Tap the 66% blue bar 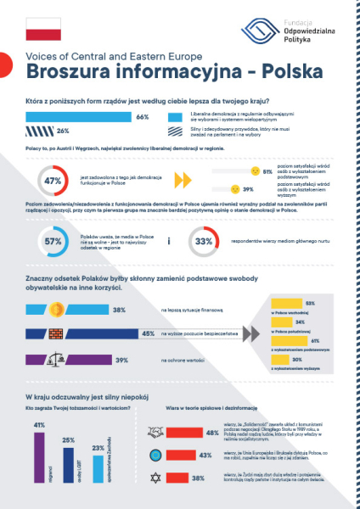[80, 117]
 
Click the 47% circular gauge [52, 181]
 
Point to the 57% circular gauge [52, 242]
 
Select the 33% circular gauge [203, 242]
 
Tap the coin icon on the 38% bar [48, 310]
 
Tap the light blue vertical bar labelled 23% [98, 472]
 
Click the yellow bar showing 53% [294, 304]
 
